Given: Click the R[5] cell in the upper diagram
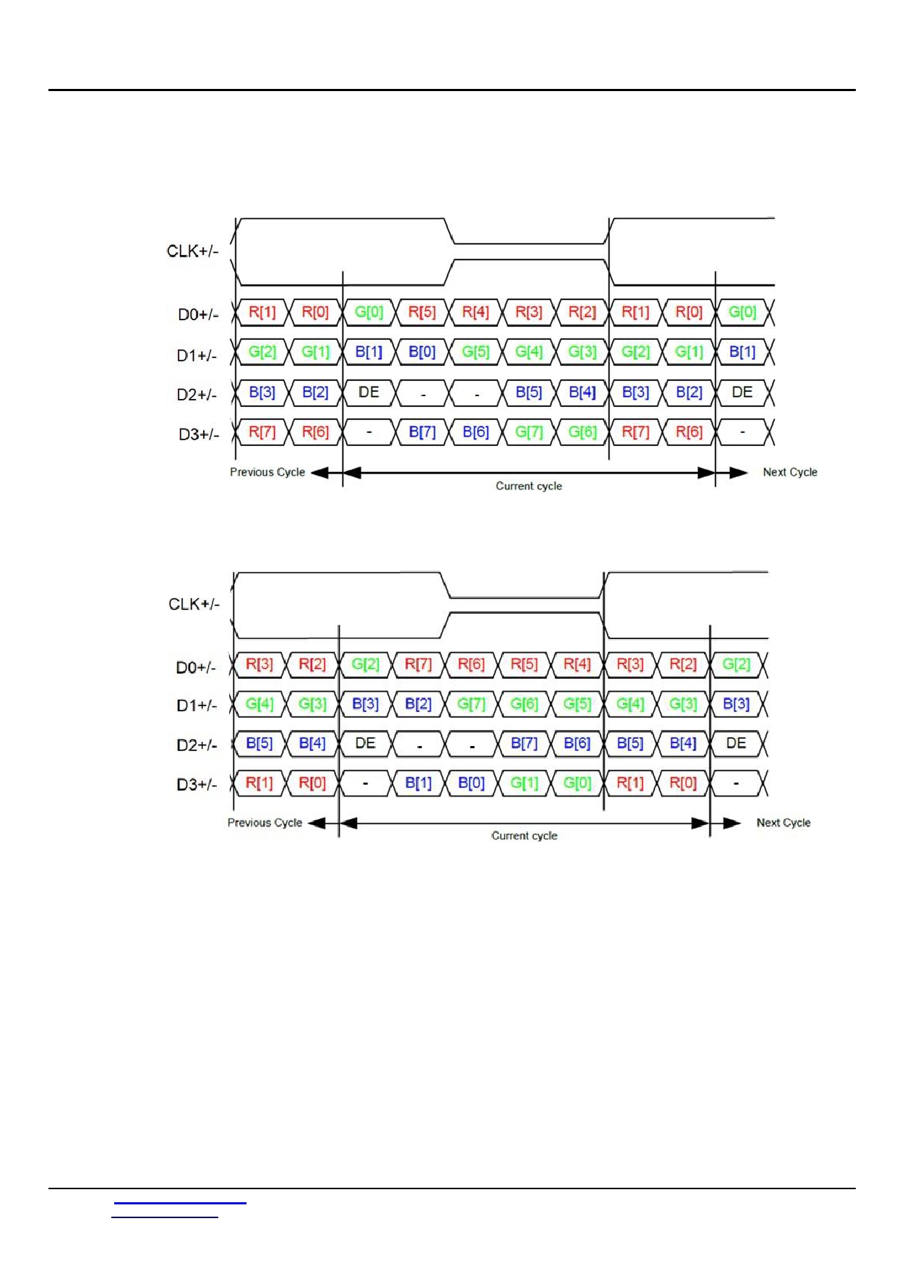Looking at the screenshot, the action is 422,312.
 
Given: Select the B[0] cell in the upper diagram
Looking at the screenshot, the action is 422,352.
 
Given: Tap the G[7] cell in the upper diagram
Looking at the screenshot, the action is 529,432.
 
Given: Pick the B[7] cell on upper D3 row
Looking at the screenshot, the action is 422,432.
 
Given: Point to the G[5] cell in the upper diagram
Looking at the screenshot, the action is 476,352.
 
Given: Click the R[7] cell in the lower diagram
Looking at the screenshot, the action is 418,664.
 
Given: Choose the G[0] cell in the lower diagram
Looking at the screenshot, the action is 577,783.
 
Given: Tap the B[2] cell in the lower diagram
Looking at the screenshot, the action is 418,704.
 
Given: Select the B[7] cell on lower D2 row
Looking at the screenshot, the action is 524,743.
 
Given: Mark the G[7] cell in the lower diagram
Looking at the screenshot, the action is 471,704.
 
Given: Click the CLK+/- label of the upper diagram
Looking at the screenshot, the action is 192,251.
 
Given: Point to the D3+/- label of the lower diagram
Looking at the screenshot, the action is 197,784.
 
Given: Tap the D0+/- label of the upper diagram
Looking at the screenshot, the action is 198,314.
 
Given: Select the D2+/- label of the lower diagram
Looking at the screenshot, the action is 197,745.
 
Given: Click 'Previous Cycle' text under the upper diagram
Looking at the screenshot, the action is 267,472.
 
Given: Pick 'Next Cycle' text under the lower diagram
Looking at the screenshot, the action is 784,823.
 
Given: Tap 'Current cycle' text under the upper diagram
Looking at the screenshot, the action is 528,486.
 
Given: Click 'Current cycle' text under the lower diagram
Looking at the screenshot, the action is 524,836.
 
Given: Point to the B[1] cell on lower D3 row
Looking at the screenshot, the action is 418,783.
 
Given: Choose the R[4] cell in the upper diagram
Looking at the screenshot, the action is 476,312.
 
